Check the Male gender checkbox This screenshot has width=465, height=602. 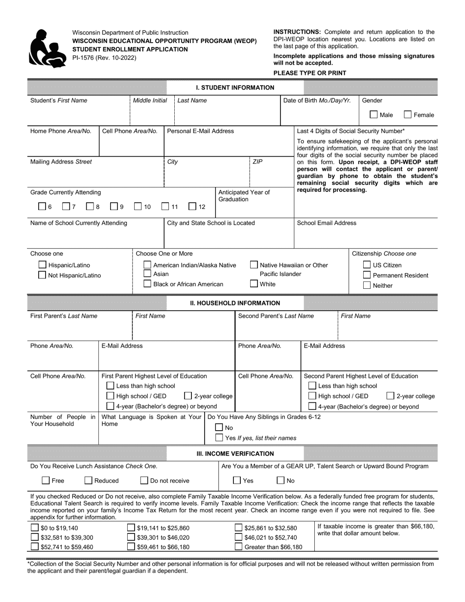tap(373, 115)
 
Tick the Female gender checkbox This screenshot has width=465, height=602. tap(408, 115)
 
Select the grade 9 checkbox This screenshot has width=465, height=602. tap(114, 207)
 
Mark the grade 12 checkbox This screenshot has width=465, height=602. tap(193, 207)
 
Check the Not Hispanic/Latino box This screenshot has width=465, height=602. tap(43, 275)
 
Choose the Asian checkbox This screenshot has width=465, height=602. tap(147, 274)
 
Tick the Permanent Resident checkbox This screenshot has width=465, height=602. tap(367, 275)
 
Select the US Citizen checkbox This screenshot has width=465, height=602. tap(367, 265)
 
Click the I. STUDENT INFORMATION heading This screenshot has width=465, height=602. tap(235, 88)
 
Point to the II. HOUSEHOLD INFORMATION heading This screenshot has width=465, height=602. tap(235, 303)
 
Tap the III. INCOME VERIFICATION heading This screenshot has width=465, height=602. tap(235, 454)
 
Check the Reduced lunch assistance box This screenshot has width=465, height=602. tap(89, 481)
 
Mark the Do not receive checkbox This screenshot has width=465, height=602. tap(145, 481)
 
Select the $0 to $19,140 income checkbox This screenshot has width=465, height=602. tap(35, 528)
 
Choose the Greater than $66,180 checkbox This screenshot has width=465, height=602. tap(238, 547)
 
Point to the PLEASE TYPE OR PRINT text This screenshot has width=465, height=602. tap(309, 73)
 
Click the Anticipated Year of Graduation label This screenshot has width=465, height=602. tap(244, 196)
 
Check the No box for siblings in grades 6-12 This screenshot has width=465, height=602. tap(219, 428)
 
